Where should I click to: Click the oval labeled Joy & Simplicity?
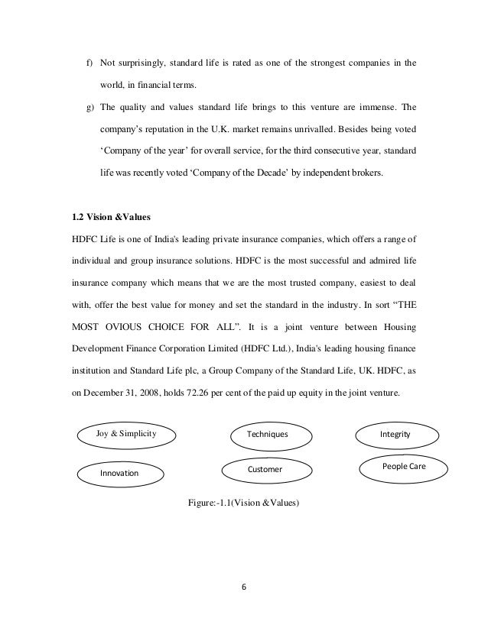pyautogui.click(x=125, y=434)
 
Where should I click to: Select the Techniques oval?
pyautogui.click(x=268, y=434)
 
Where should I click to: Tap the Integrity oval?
pyautogui.click(x=395, y=434)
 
